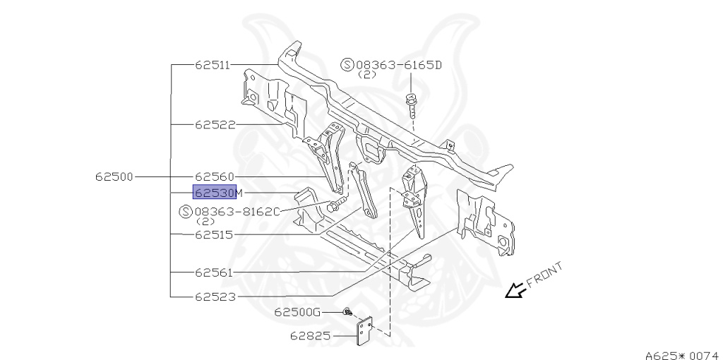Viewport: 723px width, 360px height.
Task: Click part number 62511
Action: coord(213,65)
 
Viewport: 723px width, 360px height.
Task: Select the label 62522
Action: coord(215,125)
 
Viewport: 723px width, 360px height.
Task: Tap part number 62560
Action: coord(215,176)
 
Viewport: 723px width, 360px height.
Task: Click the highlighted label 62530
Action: coord(215,193)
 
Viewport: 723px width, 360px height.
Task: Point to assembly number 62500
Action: coord(114,176)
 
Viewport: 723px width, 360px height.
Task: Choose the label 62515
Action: coord(215,234)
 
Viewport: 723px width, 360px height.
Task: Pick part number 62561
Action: coord(215,272)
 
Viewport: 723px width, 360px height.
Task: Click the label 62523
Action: coord(215,297)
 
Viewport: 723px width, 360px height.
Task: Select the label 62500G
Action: coord(297,311)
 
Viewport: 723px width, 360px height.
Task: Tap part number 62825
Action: coord(310,336)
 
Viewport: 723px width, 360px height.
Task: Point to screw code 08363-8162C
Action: coord(237,211)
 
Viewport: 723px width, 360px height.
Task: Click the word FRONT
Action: coord(546,275)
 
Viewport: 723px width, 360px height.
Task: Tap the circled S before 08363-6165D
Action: coord(347,65)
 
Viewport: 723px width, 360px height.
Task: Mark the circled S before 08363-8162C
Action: coord(186,211)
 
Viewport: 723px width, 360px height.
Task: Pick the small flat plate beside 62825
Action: coord(365,332)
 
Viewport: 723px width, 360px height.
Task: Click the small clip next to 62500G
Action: coord(347,311)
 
